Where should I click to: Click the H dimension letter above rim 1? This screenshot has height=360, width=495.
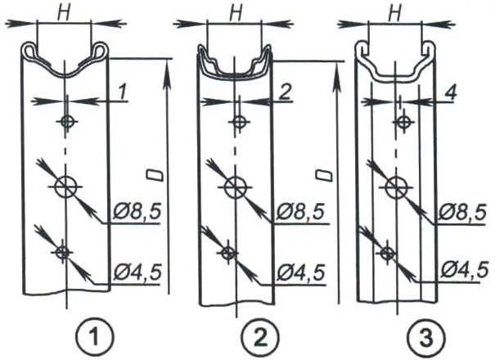pos(64,14)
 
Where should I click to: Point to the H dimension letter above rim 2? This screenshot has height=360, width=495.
pos(236,14)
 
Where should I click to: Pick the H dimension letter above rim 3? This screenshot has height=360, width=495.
pos(395,14)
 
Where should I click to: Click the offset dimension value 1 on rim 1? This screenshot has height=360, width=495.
pos(122,92)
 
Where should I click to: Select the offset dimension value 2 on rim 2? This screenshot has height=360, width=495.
pos(285,92)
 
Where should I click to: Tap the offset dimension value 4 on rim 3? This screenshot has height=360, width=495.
pos(449,92)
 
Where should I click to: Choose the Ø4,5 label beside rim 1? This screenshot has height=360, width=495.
pos(137,272)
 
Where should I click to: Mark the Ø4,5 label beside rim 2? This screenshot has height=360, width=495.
pos(300,272)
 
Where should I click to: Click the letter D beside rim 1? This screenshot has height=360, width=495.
pos(155,175)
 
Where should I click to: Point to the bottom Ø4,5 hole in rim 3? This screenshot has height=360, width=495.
pos(386,252)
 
